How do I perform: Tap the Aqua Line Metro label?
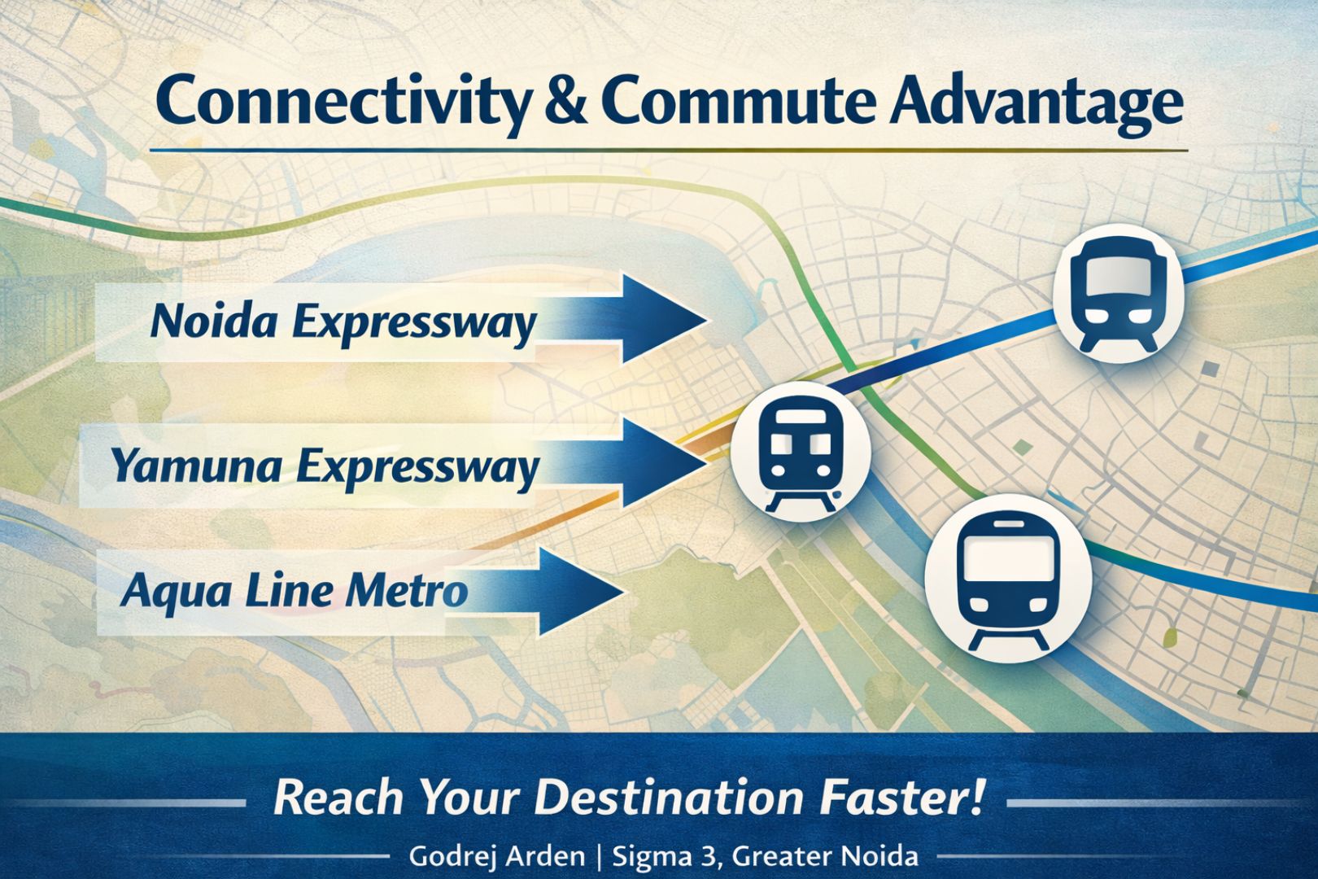click(x=295, y=592)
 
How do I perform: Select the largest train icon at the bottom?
click(x=1008, y=579)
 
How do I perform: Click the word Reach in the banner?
click(x=338, y=798)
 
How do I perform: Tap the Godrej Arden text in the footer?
click(x=496, y=856)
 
